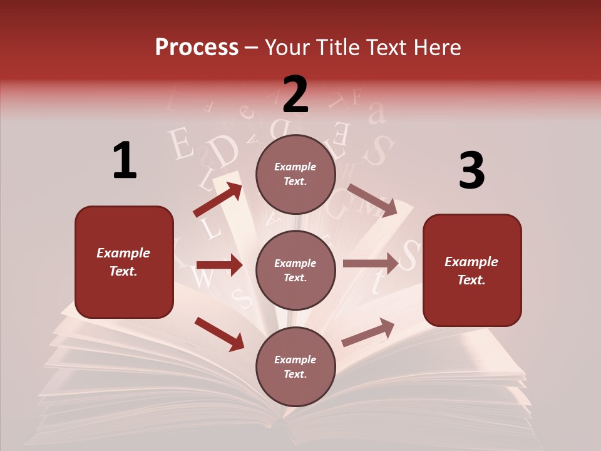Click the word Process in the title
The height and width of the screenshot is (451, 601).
pos(197,48)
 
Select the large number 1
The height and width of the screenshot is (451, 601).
pos(125,161)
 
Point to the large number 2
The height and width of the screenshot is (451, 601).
pos(295,94)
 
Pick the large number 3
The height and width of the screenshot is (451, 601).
pos(471,171)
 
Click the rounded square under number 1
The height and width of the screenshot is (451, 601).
pos(124,262)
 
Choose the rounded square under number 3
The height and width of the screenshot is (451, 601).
pos(472,271)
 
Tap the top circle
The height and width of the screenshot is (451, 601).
pos(295,174)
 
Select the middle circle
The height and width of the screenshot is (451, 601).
pos(295,271)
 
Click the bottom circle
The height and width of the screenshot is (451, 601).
pos(295,367)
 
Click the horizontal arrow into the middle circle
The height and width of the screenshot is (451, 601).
pos(219,265)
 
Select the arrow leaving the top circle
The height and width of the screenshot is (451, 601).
pos(372,200)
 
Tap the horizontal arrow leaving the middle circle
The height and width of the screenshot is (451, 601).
pos(371,264)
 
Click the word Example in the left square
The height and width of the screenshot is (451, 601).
pos(123,253)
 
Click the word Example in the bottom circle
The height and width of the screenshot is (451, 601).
pos(295,360)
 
